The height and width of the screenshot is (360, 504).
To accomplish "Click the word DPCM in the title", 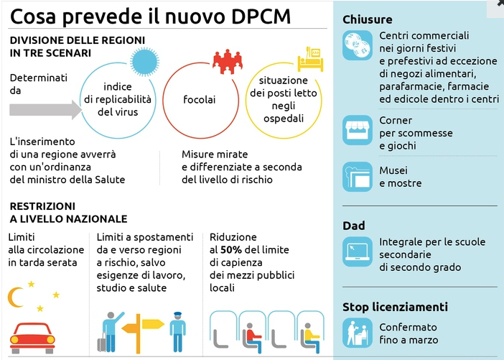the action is tap(261, 16).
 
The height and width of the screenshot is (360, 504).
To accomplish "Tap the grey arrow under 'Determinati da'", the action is tap(46, 109).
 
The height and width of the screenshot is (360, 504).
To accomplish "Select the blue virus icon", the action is tap(144, 62).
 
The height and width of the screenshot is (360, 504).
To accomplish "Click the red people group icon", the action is tap(228, 62).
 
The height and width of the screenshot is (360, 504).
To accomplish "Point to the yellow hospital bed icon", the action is tap(310, 59).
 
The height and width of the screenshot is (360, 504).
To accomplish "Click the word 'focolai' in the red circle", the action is tap(200, 99).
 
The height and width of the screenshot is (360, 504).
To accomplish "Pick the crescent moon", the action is tap(15, 297).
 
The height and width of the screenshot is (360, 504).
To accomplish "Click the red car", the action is tap(32, 338).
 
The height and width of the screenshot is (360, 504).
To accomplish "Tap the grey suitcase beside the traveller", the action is tap(102, 342).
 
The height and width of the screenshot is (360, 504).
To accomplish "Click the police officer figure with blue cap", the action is tap(178, 332).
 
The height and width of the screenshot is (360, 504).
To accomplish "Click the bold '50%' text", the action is tap(231, 249).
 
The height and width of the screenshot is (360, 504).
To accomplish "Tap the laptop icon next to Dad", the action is tap(358, 252).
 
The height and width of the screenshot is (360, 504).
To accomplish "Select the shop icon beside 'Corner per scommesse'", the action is tap(358, 130).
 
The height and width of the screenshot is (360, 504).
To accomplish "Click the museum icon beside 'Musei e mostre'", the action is tap(358, 177).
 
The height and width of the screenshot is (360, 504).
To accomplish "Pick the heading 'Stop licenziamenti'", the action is tap(395, 307).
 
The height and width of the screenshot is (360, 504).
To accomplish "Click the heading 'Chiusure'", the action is tap(368, 19).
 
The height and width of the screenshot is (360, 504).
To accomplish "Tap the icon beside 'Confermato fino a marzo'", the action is tap(358, 333).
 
